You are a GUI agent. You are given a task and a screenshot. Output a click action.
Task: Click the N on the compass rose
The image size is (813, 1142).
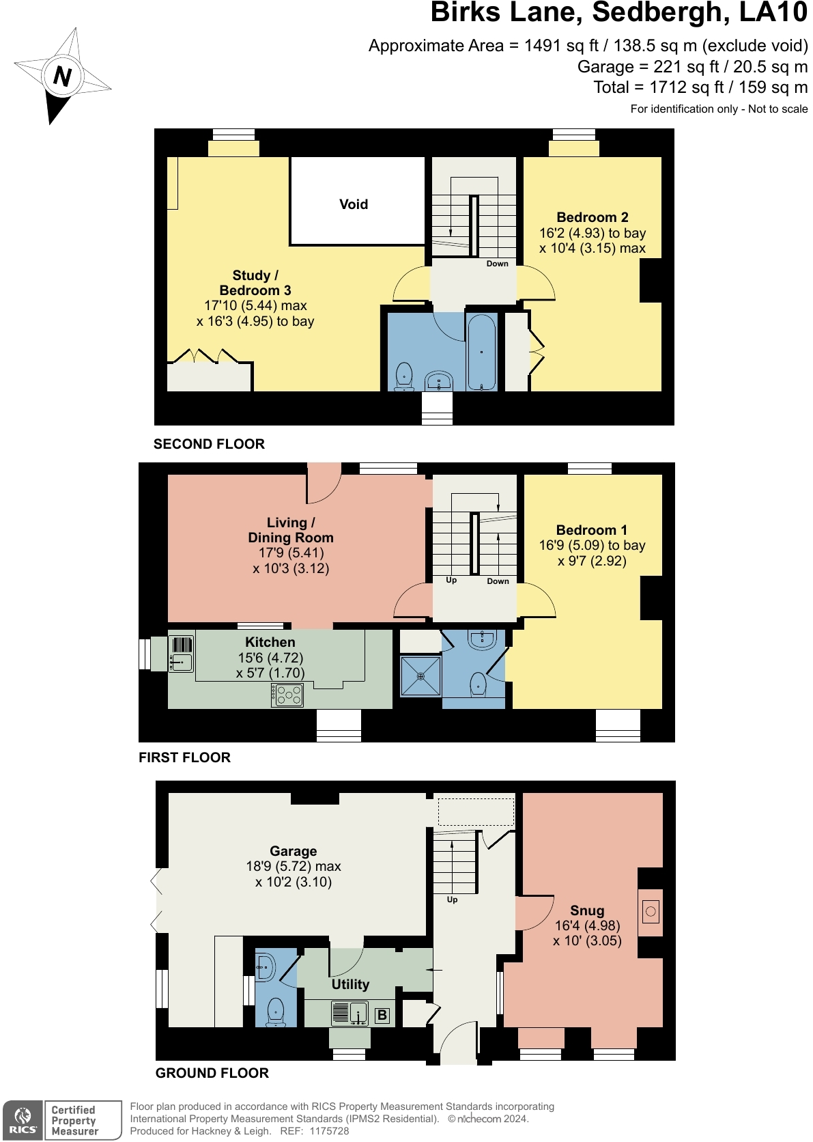coord(62,76)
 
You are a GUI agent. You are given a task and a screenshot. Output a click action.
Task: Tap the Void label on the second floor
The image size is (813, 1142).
coord(354,204)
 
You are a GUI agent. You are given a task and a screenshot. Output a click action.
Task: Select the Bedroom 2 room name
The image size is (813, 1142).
coord(592,217)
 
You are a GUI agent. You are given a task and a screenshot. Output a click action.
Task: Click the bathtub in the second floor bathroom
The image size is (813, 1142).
coord(482,352)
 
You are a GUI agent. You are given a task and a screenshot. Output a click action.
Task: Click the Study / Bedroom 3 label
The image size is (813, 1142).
coord(255,283)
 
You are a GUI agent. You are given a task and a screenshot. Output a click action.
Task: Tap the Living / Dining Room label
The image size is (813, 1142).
coord(291,530)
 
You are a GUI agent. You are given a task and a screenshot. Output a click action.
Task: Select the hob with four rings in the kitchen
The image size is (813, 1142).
coord(287,695)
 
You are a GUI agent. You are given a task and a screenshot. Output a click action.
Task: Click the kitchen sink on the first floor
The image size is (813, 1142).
coord(181,662)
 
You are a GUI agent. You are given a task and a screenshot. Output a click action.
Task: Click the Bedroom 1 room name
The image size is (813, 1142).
coord(591,530)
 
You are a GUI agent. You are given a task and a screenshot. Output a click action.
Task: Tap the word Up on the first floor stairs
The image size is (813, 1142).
coord(451,580)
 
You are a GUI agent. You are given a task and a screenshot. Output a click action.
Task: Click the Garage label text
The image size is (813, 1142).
coord(293,851)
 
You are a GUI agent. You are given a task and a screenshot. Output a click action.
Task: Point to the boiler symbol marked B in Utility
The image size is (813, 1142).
coord(382,1015)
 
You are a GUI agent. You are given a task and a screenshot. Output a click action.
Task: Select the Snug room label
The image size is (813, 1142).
coord(587,910)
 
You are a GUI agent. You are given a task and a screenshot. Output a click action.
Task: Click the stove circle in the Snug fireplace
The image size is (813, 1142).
coord(651,911)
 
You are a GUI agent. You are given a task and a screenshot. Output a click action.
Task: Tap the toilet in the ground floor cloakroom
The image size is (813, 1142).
coord(276,1011)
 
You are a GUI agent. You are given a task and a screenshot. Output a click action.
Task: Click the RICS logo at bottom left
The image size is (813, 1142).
coord(23,1120)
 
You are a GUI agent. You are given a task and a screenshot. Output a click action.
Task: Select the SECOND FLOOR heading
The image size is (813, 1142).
coord(209,444)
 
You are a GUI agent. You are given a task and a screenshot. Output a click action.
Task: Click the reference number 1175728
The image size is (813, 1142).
coord(329,1131)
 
